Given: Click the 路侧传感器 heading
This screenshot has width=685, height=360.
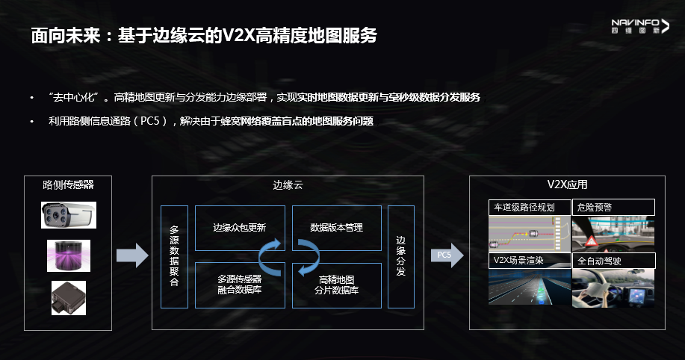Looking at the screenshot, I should [x=68, y=184].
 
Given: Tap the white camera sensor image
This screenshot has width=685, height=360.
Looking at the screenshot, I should [x=68, y=214].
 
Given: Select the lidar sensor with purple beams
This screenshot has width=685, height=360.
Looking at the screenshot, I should [x=68, y=255].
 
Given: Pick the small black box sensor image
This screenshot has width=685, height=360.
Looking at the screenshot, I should [x=68, y=297].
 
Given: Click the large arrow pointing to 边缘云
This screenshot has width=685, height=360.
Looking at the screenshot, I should [x=132, y=255].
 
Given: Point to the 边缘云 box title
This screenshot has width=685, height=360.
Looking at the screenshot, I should [x=288, y=184].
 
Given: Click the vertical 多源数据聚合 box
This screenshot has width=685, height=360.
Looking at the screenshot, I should [x=175, y=256].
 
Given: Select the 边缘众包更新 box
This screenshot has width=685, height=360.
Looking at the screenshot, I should [x=239, y=227].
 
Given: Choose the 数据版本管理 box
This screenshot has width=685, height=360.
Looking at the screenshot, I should [x=336, y=227].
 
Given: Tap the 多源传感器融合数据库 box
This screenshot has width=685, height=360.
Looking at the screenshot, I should [x=239, y=285].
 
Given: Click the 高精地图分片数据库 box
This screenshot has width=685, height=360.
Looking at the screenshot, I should [x=336, y=285].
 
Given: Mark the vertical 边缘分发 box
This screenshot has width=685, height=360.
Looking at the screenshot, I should [x=400, y=256].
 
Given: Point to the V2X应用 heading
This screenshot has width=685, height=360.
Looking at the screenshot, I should [x=567, y=184].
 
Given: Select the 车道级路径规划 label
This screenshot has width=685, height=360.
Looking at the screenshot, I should [x=529, y=207].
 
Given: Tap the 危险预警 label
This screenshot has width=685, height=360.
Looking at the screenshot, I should [x=613, y=207].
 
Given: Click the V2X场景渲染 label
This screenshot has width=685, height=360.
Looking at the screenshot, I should [x=529, y=261].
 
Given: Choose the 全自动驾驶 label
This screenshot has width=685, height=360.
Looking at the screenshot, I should [x=613, y=261].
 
